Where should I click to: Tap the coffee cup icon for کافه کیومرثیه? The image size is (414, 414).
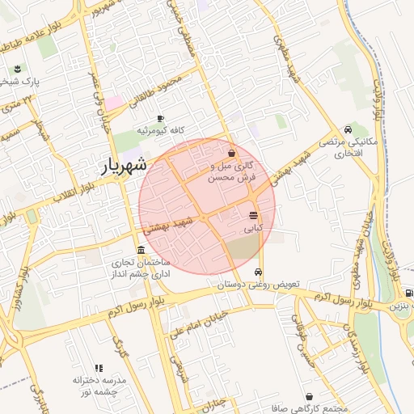coord(160,118)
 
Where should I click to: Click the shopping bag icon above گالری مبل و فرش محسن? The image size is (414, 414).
coord(232,153)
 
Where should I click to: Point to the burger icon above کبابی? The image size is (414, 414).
coord(254,216)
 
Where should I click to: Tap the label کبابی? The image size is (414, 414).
coord(254,229)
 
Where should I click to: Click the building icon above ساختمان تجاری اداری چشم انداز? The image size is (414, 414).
coord(142,249)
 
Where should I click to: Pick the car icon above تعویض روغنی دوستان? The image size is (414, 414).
coord(260,272)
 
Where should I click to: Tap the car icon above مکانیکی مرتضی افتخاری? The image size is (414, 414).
coord(348,129)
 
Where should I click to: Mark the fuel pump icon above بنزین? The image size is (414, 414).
coord(408,293)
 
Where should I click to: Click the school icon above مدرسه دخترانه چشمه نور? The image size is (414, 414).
coord(99,368)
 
